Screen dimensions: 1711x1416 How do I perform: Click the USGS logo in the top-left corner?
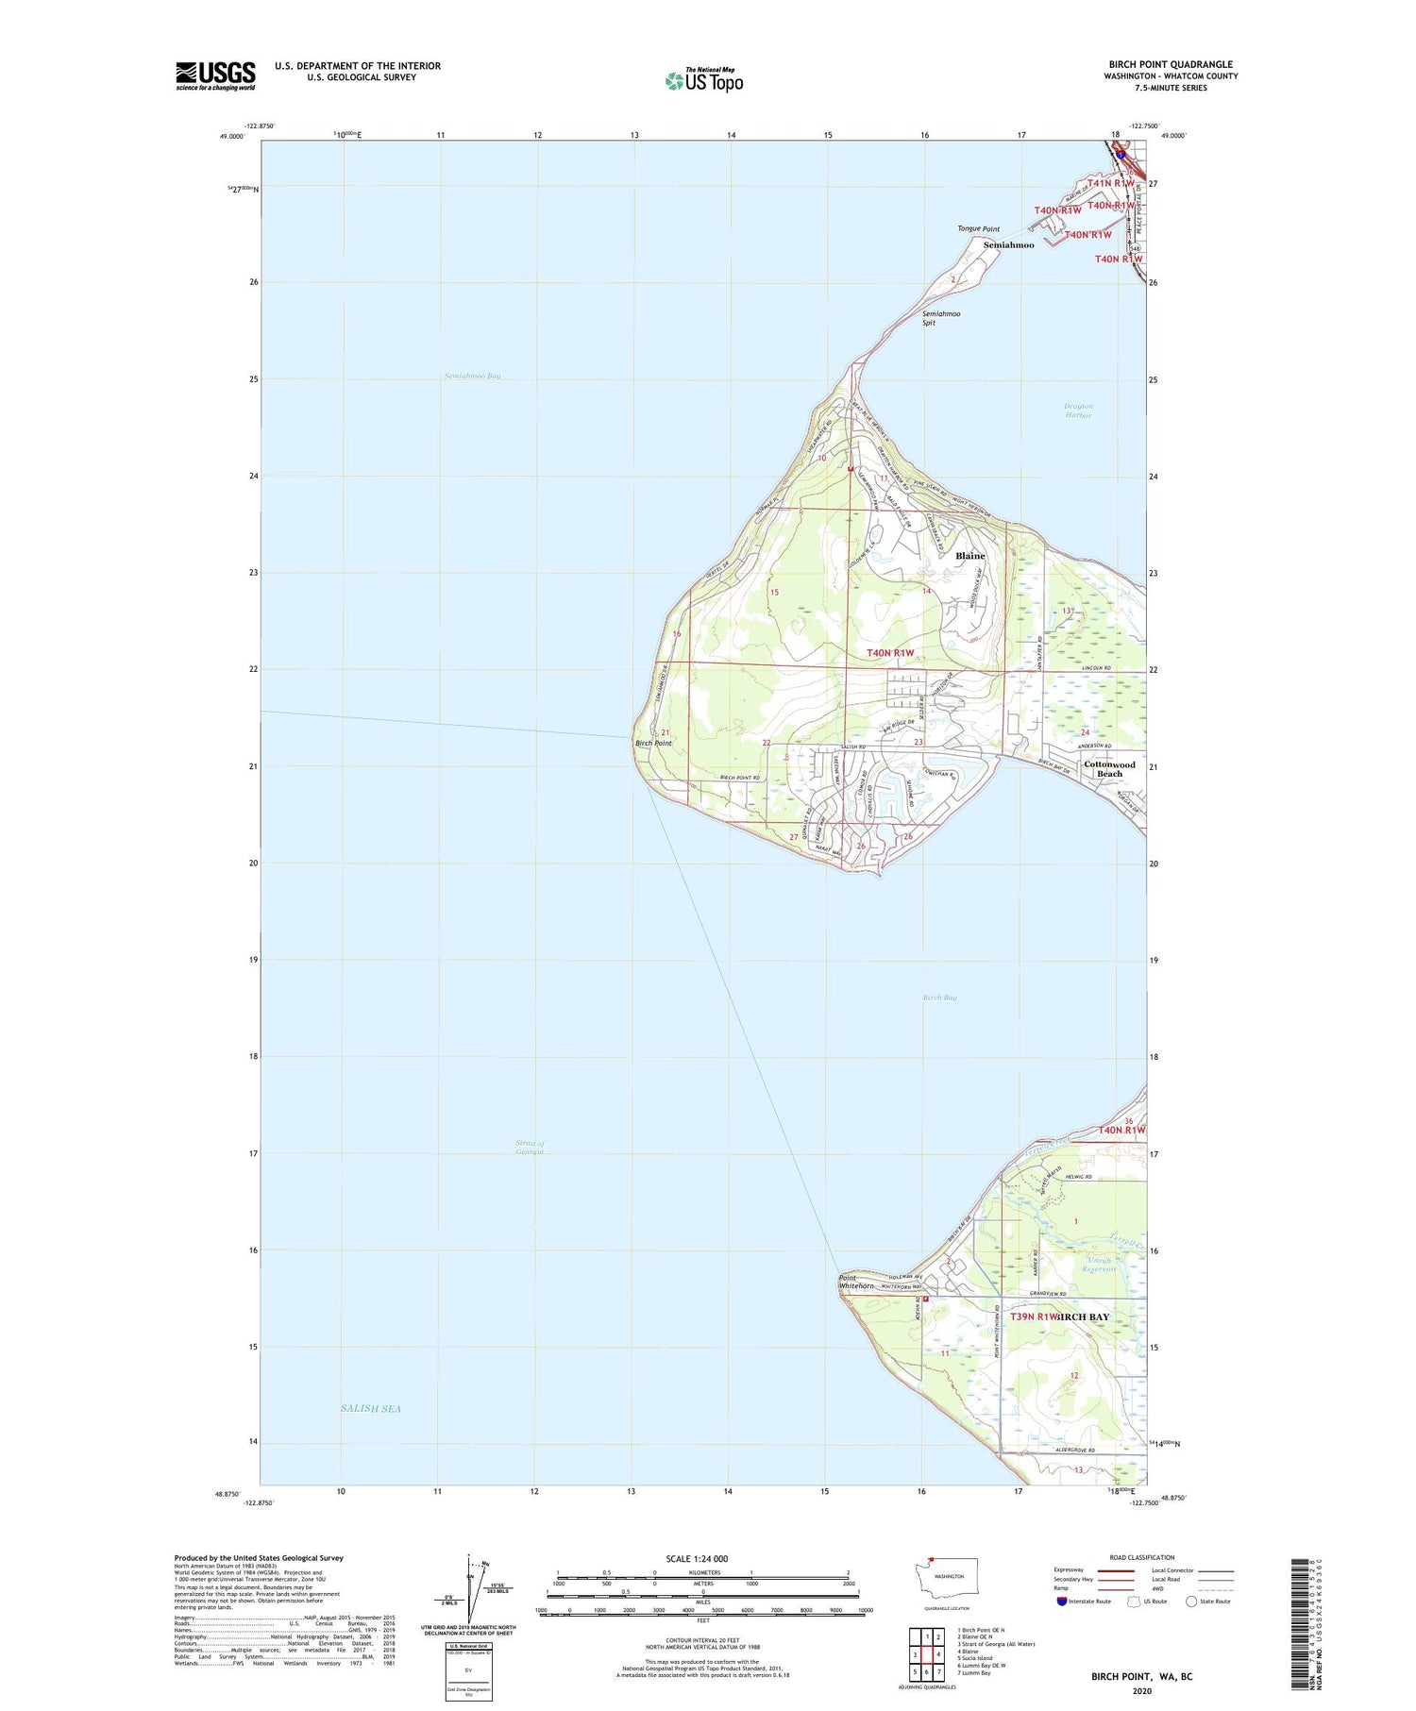pos(215,75)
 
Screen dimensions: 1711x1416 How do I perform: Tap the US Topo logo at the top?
pos(704,80)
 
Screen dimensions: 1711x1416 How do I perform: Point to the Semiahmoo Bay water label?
pos(472,376)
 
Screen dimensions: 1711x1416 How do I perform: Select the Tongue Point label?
pos(978,229)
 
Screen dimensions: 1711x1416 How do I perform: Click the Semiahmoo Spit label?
pos(941,318)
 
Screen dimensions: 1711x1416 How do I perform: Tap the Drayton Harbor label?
pos(1078,411)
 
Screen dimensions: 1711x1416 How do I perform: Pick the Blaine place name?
pos(969,556)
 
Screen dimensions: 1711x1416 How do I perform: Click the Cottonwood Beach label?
pos(1109,769)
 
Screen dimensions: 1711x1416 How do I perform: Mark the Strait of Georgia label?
pos(530,1148)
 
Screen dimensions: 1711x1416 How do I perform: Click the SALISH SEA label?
pos(371,1408)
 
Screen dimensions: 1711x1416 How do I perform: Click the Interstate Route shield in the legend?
pos(1062,1602)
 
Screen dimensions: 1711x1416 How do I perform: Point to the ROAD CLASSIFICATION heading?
pos(1142,1557)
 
